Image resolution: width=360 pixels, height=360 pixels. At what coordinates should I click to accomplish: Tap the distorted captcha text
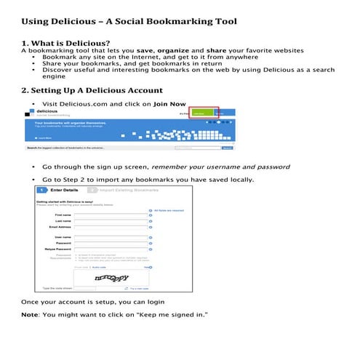(x=113, y=278)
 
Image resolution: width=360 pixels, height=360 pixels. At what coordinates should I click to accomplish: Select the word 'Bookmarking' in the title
(x=175, y=21)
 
